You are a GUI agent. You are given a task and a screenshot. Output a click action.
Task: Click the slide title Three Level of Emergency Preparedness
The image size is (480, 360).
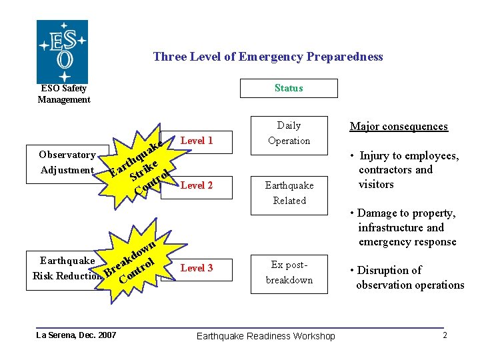coord(268,57)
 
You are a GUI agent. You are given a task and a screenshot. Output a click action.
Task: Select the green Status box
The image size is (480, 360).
coord(289,88)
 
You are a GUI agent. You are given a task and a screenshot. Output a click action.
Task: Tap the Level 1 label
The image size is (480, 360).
coord(197,141)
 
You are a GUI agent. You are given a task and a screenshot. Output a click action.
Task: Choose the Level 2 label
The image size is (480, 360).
coord(197,185)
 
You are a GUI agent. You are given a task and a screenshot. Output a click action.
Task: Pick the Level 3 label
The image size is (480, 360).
coord(197,268)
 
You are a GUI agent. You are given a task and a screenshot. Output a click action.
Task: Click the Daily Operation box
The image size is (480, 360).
coord(289,133)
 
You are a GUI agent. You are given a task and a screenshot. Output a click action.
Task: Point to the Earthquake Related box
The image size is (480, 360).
coord(289,193)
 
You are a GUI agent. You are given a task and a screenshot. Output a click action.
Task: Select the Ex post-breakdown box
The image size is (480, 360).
coord(289,273)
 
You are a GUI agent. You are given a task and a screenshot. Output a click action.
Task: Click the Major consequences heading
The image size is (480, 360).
coord(399,127)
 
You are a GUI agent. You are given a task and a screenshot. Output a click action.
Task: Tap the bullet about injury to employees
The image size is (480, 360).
coord(409,170)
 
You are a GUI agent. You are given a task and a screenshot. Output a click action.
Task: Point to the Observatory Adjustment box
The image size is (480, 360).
coord(67,162)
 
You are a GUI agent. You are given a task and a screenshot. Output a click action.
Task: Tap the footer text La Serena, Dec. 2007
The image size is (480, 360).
coord(76,335)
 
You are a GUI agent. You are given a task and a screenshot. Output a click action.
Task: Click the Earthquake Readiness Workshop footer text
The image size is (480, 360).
coord(266,336)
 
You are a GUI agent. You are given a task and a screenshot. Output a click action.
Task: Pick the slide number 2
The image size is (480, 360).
coord(445,335)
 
